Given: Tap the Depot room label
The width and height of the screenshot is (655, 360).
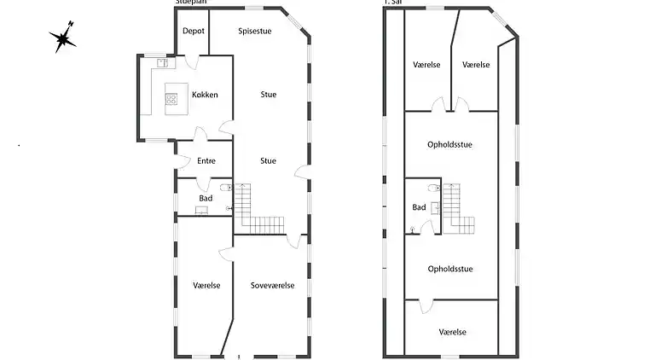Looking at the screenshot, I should click(x=193, y=30).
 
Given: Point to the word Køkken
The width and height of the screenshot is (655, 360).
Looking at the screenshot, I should click(x=205, y=94).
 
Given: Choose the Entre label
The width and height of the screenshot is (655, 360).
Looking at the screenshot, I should click(x=206, y=160).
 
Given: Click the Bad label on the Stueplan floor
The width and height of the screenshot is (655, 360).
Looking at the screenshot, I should click(x=206, y=198).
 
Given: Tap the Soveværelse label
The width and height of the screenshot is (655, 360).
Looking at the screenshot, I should click(x=272, y=285).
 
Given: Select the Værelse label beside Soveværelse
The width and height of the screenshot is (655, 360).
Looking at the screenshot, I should click(x=206, y=285).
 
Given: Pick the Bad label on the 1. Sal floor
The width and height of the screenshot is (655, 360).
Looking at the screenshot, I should click(x=419, y=207).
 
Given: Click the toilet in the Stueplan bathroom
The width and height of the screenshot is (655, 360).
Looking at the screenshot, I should click(x=225, y=189).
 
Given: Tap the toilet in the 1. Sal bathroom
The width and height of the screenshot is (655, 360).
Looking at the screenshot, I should click(x=434, y=189).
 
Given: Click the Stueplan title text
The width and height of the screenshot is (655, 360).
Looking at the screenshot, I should click(x=193, y=3).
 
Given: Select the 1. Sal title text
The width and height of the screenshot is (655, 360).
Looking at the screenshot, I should click(x=393, y=3).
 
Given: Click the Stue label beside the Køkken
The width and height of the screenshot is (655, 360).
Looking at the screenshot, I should click(x=268, y=94).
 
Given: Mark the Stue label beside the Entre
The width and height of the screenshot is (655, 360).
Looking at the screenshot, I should click(x=268, y=160).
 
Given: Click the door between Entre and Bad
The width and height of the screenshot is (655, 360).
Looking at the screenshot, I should click(x=205, y=182).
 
